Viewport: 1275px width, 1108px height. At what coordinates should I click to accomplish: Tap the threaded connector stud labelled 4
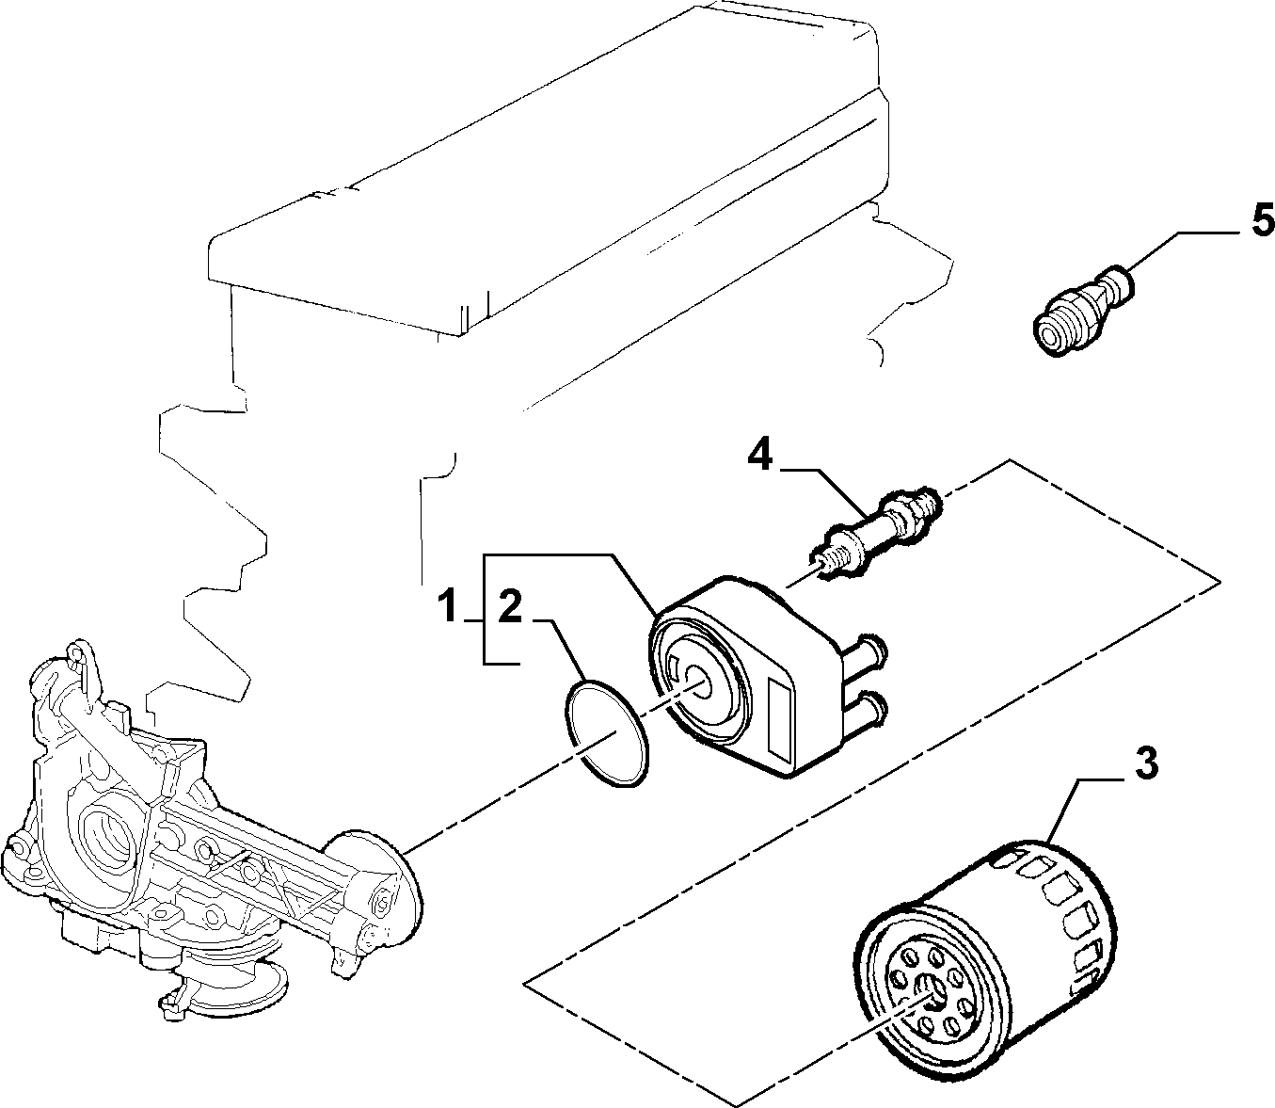tap(875, 530)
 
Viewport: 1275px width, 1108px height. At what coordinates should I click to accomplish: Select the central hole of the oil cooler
tap(697, 679)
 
